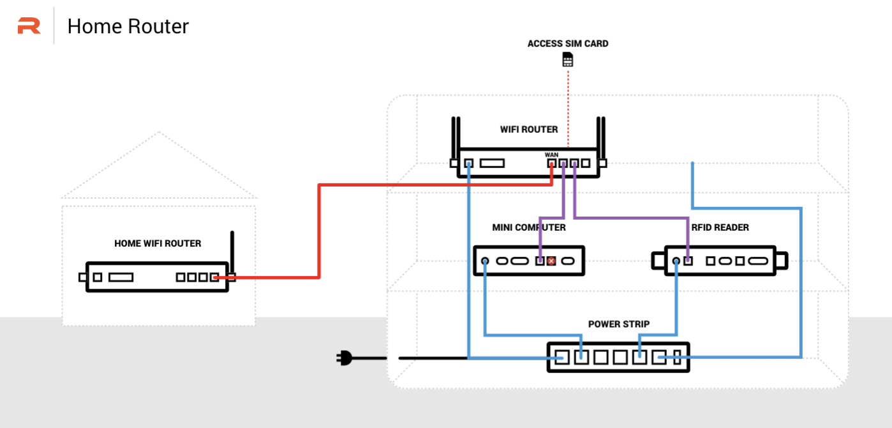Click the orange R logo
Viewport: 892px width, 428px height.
[x=29, y=26]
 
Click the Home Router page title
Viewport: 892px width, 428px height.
[x=128, y=26]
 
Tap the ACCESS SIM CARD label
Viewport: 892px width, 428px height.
[x=568, y=44]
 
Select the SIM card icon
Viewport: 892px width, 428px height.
[x=567, y=60]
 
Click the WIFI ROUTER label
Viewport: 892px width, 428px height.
[x=529, y=130]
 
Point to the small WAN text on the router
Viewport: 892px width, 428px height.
[x=551, y=155]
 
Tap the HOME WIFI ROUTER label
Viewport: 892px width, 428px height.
[x=158, y=243]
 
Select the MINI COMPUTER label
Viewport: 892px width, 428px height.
[x=528, y=227]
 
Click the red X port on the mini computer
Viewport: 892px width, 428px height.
[x=551, y=261]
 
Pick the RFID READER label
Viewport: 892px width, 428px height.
[x=720, y=227]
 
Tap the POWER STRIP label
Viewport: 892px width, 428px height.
[x=618, y=324]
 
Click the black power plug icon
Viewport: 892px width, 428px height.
[x=344, y=358]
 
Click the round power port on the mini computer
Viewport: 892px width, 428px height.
[x=485, y=261]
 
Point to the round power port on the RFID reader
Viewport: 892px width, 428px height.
[x=676, y=261]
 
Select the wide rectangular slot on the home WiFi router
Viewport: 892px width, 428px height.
[x=121, y=277]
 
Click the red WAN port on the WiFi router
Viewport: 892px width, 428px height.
[x=552, y=164]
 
